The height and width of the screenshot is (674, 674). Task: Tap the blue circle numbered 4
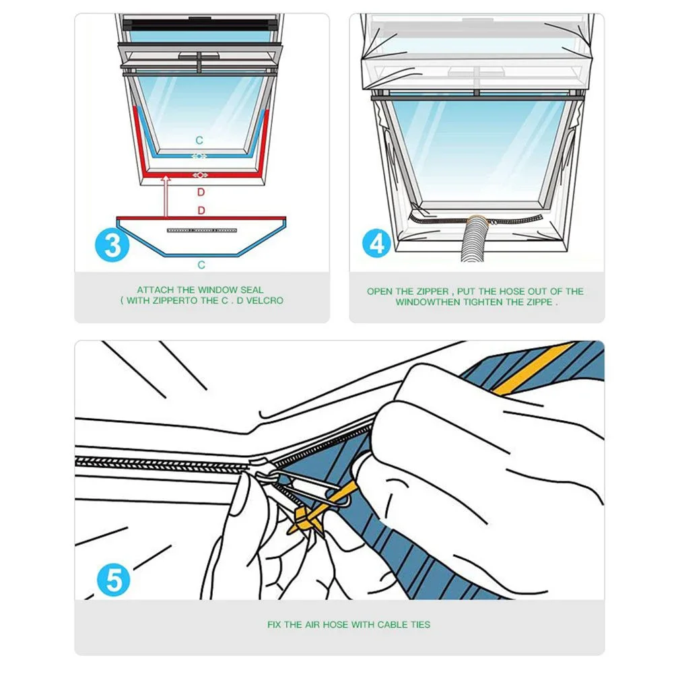coord(377,242)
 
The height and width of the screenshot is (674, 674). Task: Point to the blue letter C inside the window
coord(199,140)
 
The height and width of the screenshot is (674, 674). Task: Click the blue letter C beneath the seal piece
coord(201,265)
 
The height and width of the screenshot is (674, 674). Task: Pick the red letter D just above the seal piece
coord(201,211)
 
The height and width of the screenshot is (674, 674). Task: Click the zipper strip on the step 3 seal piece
coord(201,230)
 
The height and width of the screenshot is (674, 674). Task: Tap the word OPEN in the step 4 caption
coord(380,292)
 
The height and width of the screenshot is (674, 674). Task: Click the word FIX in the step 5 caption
coord(274,625)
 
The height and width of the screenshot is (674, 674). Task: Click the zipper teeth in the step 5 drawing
coord(162,463)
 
